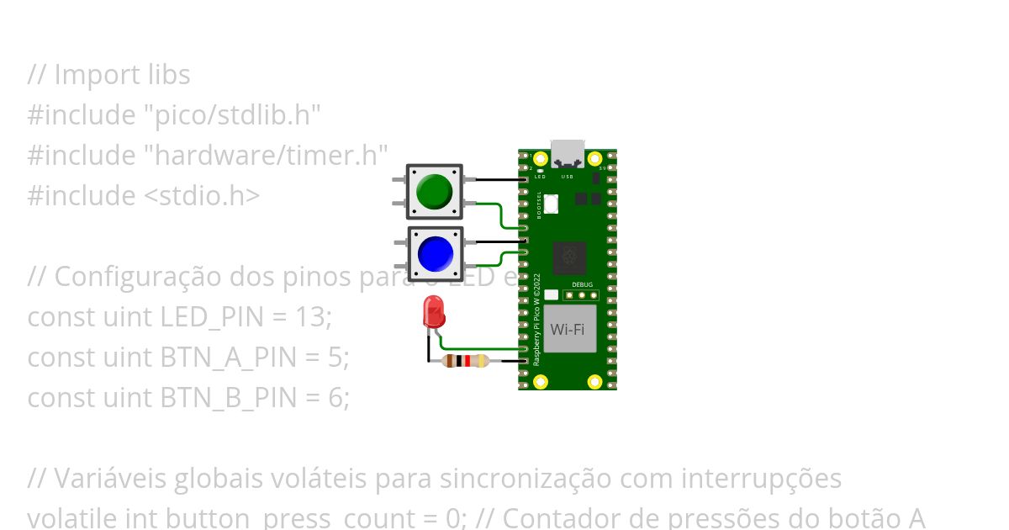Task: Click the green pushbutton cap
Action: coord(435,191)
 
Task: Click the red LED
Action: coord(434,317)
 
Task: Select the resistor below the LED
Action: coord(465,361)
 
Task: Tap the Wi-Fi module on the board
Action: coord(569,329)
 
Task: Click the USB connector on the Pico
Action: coord(568,152)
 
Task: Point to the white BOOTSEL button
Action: coord(552,203)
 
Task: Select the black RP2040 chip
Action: coord(569,258)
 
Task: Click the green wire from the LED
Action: coord(479,348)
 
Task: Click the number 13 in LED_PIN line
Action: coord(314,317)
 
